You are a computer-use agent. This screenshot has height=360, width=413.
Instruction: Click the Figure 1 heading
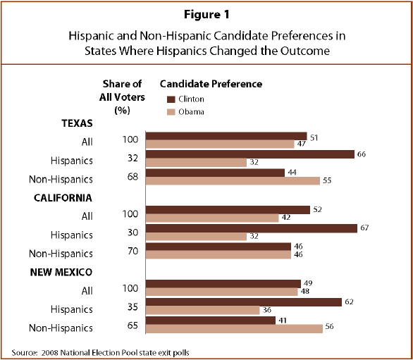(207, 15)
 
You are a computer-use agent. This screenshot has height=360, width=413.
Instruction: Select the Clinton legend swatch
(171, 99)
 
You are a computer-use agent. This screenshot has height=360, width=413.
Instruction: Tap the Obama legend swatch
(171, 112)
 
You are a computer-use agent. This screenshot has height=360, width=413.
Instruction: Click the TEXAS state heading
(77, 123)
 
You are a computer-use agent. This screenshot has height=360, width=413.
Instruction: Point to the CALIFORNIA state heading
(63, 198)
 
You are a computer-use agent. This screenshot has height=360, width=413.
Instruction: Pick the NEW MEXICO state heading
(61, 272)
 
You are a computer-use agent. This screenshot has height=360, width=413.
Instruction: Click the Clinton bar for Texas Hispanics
(250, 154)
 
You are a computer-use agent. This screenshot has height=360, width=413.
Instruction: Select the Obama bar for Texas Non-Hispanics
(233, 181)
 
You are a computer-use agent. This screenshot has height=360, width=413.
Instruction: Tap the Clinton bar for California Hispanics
(252, 228)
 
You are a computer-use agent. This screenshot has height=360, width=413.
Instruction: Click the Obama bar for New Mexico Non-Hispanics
(234, 329)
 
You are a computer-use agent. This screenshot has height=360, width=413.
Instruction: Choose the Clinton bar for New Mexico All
(223, 284)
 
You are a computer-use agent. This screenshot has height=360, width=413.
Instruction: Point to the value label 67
(364, 228)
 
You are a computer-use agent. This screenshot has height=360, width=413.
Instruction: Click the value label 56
(330, 327)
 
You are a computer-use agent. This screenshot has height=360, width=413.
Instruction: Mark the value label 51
(314, 138)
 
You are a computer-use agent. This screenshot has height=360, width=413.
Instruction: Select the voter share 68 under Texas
(132, 176)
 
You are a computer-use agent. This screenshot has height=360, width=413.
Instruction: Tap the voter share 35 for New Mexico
(132, 306)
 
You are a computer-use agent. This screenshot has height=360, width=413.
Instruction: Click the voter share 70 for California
(132, 251)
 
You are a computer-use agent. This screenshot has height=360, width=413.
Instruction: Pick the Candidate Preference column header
(211, 84)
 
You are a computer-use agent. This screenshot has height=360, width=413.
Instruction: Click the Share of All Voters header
(122, 97)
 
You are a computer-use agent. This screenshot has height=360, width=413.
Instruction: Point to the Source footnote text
(100, 353)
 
